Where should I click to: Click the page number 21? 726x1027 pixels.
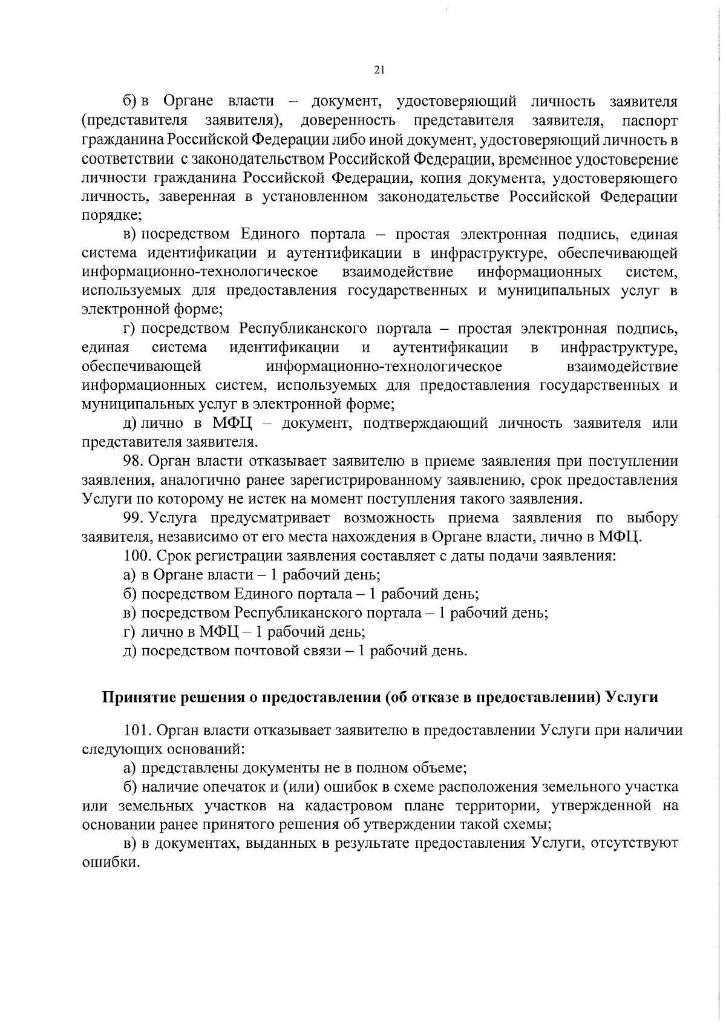379,70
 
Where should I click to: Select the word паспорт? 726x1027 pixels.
650,120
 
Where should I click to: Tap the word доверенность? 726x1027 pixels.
348,120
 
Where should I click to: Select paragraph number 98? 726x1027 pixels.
133,461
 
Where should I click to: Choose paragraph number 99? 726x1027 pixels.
133,519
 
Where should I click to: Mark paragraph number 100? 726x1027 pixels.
136,556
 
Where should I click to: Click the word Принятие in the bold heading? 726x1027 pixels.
135,697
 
